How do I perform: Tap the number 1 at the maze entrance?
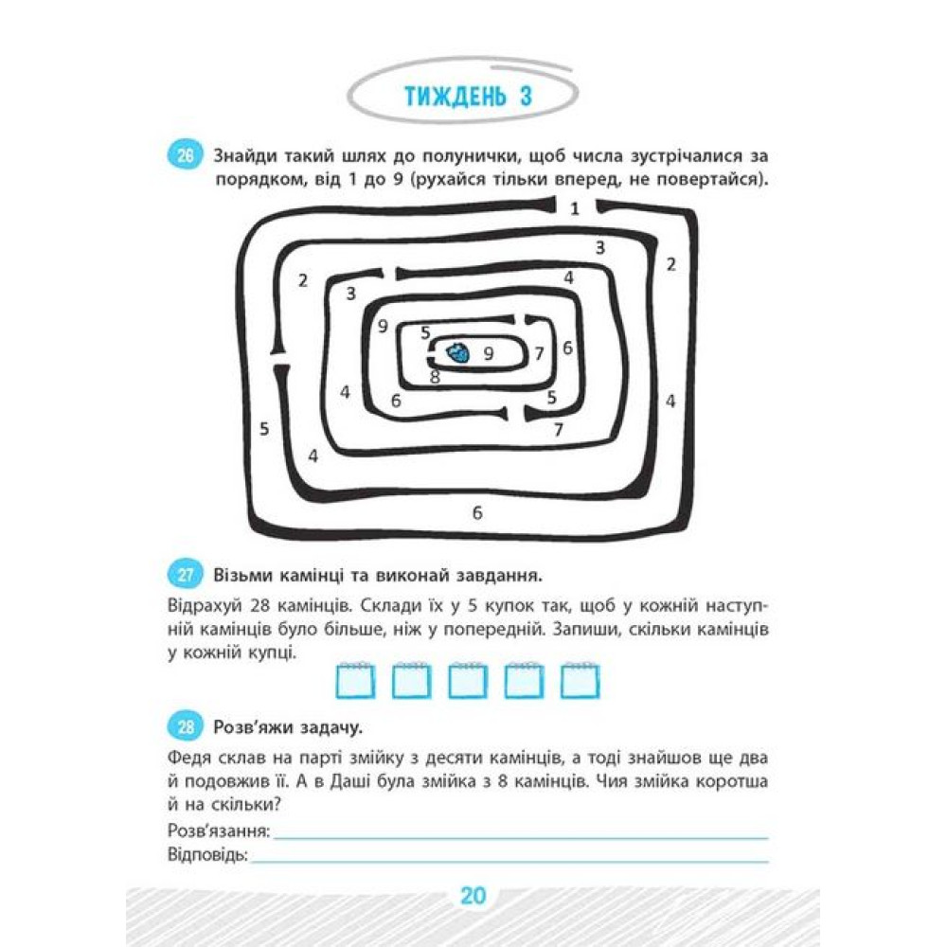click(575, 209)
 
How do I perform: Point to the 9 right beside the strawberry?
click(488, 353)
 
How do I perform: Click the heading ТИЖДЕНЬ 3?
click(468, 97)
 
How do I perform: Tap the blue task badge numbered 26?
click(185, 156)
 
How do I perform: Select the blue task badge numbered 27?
click(185, 575)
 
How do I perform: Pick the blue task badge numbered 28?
click(185, 727)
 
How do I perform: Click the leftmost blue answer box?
click(355, 681)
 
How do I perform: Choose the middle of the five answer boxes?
click(468, 681)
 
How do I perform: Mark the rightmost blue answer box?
click(580, 681)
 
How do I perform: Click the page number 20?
click(473, 895)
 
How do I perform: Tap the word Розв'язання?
click(219, 831)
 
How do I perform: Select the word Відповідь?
click(207, 854)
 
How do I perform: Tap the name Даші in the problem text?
click(351, 782)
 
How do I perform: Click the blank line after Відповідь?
click(509, 861)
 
